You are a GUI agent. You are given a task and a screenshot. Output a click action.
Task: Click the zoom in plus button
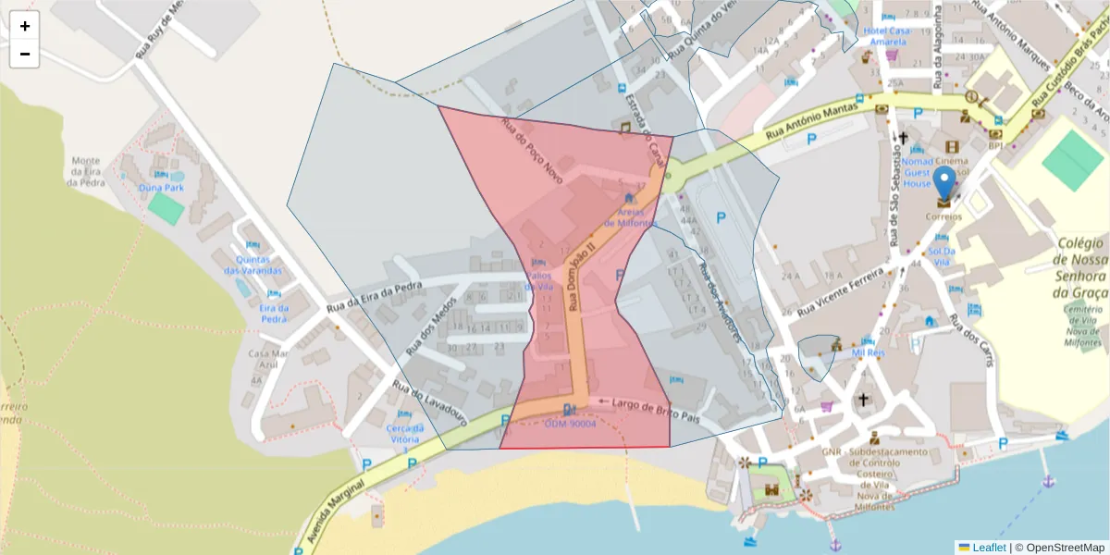25,26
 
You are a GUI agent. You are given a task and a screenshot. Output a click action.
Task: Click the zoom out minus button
25,54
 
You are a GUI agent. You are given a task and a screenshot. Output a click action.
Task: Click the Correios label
943,217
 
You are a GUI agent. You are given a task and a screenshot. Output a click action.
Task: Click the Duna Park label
161,188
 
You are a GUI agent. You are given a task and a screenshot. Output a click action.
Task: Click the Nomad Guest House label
918,172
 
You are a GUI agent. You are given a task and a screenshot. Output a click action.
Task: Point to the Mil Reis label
869,352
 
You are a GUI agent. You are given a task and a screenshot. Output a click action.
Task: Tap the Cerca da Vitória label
404,433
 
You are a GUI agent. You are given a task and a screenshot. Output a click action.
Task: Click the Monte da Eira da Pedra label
85,171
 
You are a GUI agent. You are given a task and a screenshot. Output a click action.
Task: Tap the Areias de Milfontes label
631,217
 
